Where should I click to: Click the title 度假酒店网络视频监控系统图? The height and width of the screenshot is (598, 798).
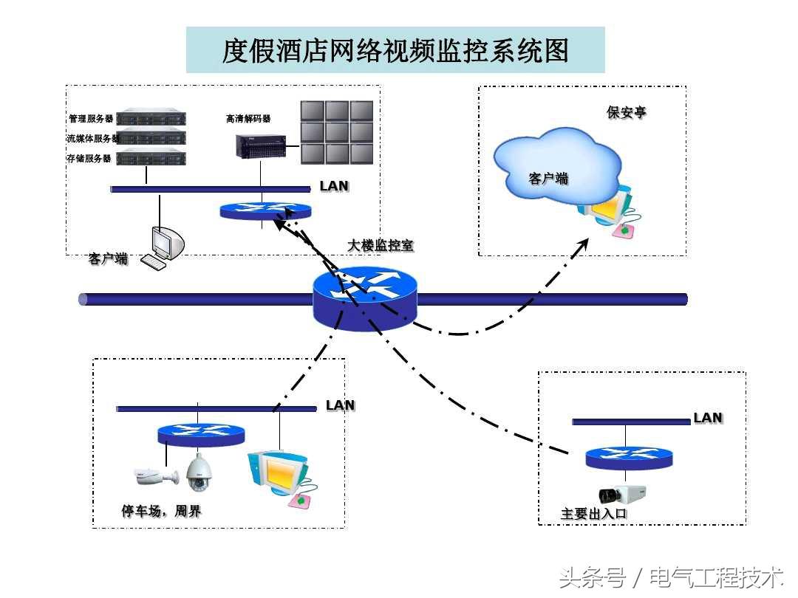[395, 50]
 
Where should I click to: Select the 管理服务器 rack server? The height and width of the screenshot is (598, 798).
[151, 118]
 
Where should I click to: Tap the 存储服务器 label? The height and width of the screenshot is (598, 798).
[89, 158]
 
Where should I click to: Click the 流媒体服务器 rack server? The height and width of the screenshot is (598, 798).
[151, 137]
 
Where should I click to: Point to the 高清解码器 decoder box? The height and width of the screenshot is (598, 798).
[261, 146]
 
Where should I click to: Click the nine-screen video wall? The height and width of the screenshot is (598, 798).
[337, 132]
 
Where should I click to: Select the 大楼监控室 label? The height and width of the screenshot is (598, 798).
[381, 245]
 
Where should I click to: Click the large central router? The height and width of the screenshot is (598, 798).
[365, 298]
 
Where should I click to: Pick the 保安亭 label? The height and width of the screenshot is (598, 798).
[626, 112]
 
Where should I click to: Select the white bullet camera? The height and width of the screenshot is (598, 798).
[156, 476]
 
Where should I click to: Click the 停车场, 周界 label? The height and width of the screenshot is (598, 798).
[161, 511]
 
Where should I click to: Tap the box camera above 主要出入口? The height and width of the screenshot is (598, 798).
[622, 494]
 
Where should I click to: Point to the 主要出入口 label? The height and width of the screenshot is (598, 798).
[593, 514]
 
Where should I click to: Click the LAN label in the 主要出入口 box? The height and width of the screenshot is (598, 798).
[708, 418]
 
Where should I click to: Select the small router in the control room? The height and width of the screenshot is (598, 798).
[265, 210]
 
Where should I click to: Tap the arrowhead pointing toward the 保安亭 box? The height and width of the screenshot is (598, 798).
[582, 246]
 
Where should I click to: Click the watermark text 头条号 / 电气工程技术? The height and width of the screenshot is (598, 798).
[670, 577]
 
